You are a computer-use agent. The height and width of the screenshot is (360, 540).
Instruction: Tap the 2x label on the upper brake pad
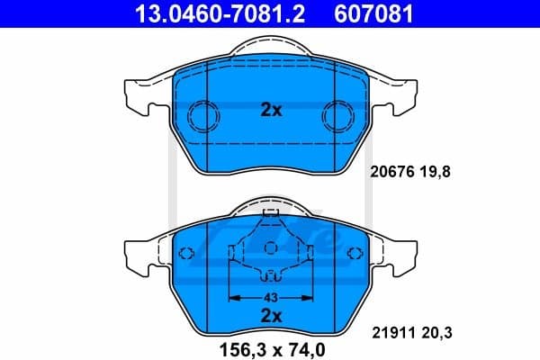271,111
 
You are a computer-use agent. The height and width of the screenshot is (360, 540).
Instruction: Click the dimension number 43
271,296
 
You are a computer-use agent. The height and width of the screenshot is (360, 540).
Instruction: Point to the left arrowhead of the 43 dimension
233,296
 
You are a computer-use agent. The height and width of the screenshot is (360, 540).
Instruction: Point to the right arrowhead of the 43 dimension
309,296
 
